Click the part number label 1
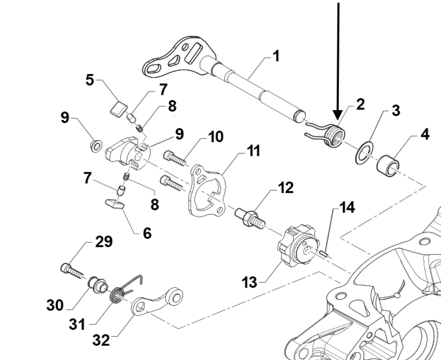(x=276, y=55)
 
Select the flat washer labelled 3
(x=364, y=153)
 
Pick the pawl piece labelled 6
(x=115, y=204)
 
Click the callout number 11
(x=253, y=151)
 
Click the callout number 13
(x=250, y=282)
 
